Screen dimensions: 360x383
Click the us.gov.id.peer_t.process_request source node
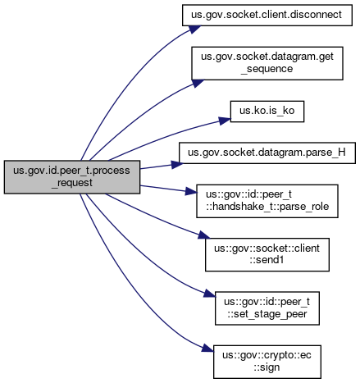coord(72,177)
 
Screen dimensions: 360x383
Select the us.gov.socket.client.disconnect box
coord(267,15)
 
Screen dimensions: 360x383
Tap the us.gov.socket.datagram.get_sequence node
coord(267,63)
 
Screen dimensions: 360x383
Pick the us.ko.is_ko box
coord(267,112)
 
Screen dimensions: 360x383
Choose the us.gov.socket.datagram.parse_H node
coord(267,153)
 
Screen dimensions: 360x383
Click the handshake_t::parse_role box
coord(267,201)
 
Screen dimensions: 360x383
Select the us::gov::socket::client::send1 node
coord(267,254)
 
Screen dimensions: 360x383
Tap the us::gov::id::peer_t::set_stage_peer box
coord(267,308)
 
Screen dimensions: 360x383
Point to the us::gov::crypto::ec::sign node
coord(267,362)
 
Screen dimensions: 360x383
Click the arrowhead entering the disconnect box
coord(194,29)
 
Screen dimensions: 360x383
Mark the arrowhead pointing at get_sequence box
coord(198,83)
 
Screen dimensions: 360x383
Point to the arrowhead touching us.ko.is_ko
coord(225,121)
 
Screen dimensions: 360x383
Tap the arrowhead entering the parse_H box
coord(177,165)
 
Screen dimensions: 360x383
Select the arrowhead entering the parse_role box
coord(191,191)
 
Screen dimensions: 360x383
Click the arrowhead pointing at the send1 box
coord(204,235)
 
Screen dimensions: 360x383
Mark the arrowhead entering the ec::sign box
coord(207,349)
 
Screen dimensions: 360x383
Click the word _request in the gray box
coord(72,183)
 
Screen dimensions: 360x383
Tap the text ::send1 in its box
coord(267,260)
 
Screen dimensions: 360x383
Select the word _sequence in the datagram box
coord(267,69)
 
